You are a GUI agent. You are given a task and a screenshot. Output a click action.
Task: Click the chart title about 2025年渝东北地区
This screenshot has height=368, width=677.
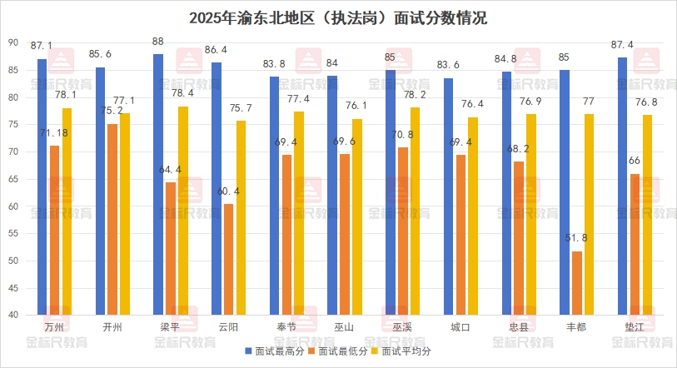[x=338, y=18]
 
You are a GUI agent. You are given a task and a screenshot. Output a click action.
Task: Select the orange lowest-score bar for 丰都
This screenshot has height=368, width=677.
[x=576, y=283]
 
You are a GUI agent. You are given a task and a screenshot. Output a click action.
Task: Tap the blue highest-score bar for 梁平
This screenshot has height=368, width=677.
[x=158, y=184]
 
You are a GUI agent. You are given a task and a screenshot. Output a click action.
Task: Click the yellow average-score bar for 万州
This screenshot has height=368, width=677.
[x=67, y=211]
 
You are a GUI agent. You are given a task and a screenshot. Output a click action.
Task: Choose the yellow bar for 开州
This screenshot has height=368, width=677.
[x=125, y=214]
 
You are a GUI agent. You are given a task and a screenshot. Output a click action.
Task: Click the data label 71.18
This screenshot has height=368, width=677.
[x=54, y=133]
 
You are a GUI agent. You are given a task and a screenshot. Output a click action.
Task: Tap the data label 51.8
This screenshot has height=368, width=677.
[x=576, y=238]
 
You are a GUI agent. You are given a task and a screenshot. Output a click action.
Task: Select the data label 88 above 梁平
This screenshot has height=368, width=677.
[x=158, y=41]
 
